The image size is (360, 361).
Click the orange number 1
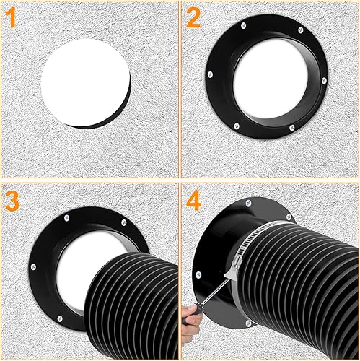[x=12, y=17]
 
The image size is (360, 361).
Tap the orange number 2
[x=193, y=17]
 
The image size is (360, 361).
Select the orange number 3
[x=12, y=201]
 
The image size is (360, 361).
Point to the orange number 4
[x=193, y=201]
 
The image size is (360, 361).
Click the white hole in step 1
[x=85, y=82]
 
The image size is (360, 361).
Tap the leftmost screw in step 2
[x=210, y=74]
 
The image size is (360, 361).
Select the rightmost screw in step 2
[x=324, y=81]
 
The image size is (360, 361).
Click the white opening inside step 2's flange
[x=271, y=81]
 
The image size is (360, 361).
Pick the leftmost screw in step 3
[x=33, y=266]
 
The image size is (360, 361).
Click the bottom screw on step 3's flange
[x=60, y=318]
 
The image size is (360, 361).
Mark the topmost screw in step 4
[x=248, y=204]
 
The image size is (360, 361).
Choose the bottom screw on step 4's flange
[x=249, y=323]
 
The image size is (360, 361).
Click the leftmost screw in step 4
[x=198, y=274]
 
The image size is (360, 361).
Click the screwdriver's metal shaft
[x=214, y=292]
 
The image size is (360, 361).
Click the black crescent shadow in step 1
[x=108, y=113]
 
